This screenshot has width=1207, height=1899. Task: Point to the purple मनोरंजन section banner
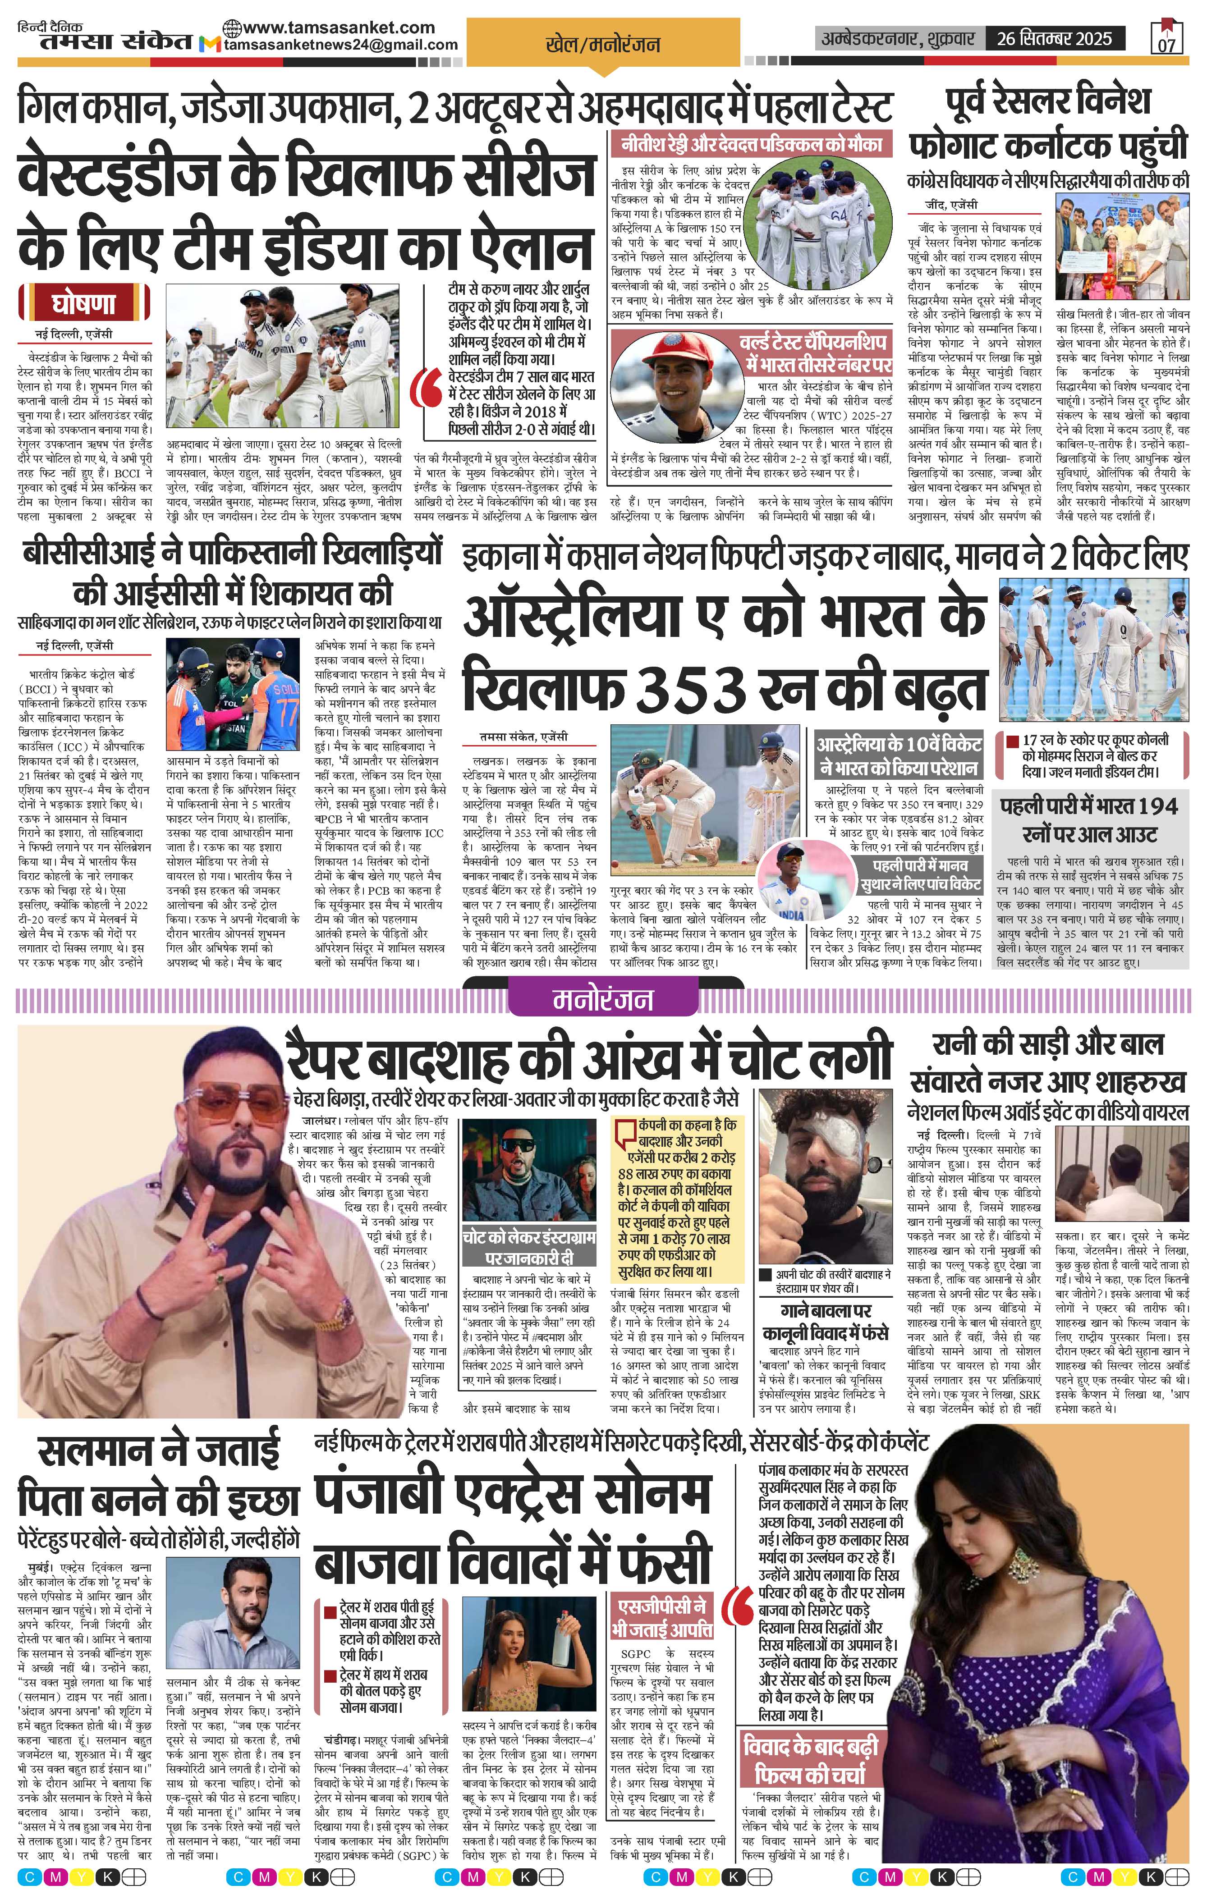(603, 1000)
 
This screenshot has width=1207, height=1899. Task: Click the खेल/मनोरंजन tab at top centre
(603, 45)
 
